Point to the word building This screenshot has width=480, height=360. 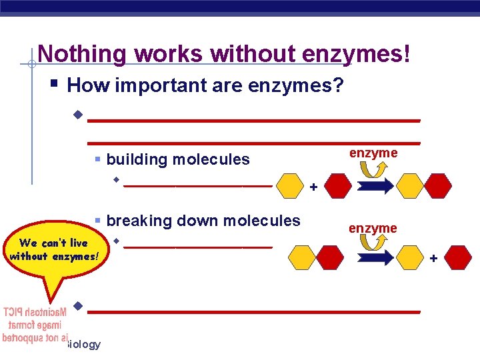[x=137, y=159]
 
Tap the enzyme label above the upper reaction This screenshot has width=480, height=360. [x=373, y=153]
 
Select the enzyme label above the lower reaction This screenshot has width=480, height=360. [x=373, y=229]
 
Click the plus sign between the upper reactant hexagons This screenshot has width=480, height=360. [x=313, y=188]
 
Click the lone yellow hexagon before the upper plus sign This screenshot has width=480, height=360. [x=290, y=186]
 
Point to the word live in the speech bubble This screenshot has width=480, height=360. [x=77, y=243]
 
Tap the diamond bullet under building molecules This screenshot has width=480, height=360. [x=116, y=179]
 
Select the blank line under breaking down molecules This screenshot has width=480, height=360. [x=198, y=246]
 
